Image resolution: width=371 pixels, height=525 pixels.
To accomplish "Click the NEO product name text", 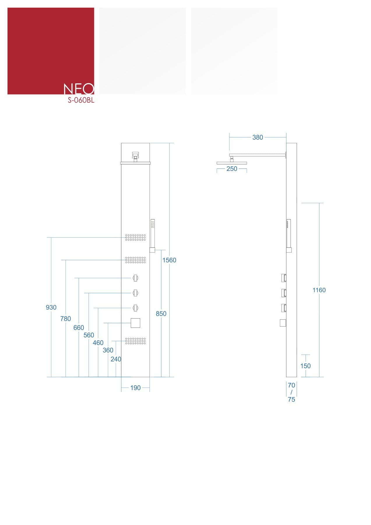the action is (79, 89).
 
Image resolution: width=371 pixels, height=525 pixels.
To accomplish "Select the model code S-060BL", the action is (81, 100).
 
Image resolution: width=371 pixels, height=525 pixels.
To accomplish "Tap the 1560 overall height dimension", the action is (169, 260).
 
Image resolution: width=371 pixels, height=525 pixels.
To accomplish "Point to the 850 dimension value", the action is (161, 314).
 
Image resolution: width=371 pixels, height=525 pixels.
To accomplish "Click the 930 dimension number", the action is (51, 307).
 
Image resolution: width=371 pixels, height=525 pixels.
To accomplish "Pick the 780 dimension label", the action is (66, 319).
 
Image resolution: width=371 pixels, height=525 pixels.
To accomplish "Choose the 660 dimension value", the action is (79, 328).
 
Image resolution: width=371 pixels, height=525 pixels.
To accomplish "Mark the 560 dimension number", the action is (89, 335).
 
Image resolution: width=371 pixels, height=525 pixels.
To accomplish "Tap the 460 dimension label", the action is (98, 343).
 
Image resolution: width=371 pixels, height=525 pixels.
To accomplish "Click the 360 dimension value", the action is (108, 350).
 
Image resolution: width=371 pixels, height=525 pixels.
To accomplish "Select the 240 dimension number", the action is (116, 359).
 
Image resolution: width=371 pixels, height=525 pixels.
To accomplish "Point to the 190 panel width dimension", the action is (135, 388).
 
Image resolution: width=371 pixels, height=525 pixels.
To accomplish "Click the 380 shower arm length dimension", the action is (258, 137).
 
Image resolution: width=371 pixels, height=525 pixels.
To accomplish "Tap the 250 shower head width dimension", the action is (232, 169).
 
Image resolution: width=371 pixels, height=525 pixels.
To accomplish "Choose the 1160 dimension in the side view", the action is (319, 290).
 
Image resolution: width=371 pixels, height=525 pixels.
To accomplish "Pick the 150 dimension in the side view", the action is (305, 366).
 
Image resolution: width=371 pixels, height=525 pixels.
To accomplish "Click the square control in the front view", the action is (136, 323).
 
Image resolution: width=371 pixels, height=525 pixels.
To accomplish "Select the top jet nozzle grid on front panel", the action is (136, 237).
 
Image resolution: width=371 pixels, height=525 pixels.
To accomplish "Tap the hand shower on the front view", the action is (152, 236).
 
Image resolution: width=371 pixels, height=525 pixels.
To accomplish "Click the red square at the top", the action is (51, 51).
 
